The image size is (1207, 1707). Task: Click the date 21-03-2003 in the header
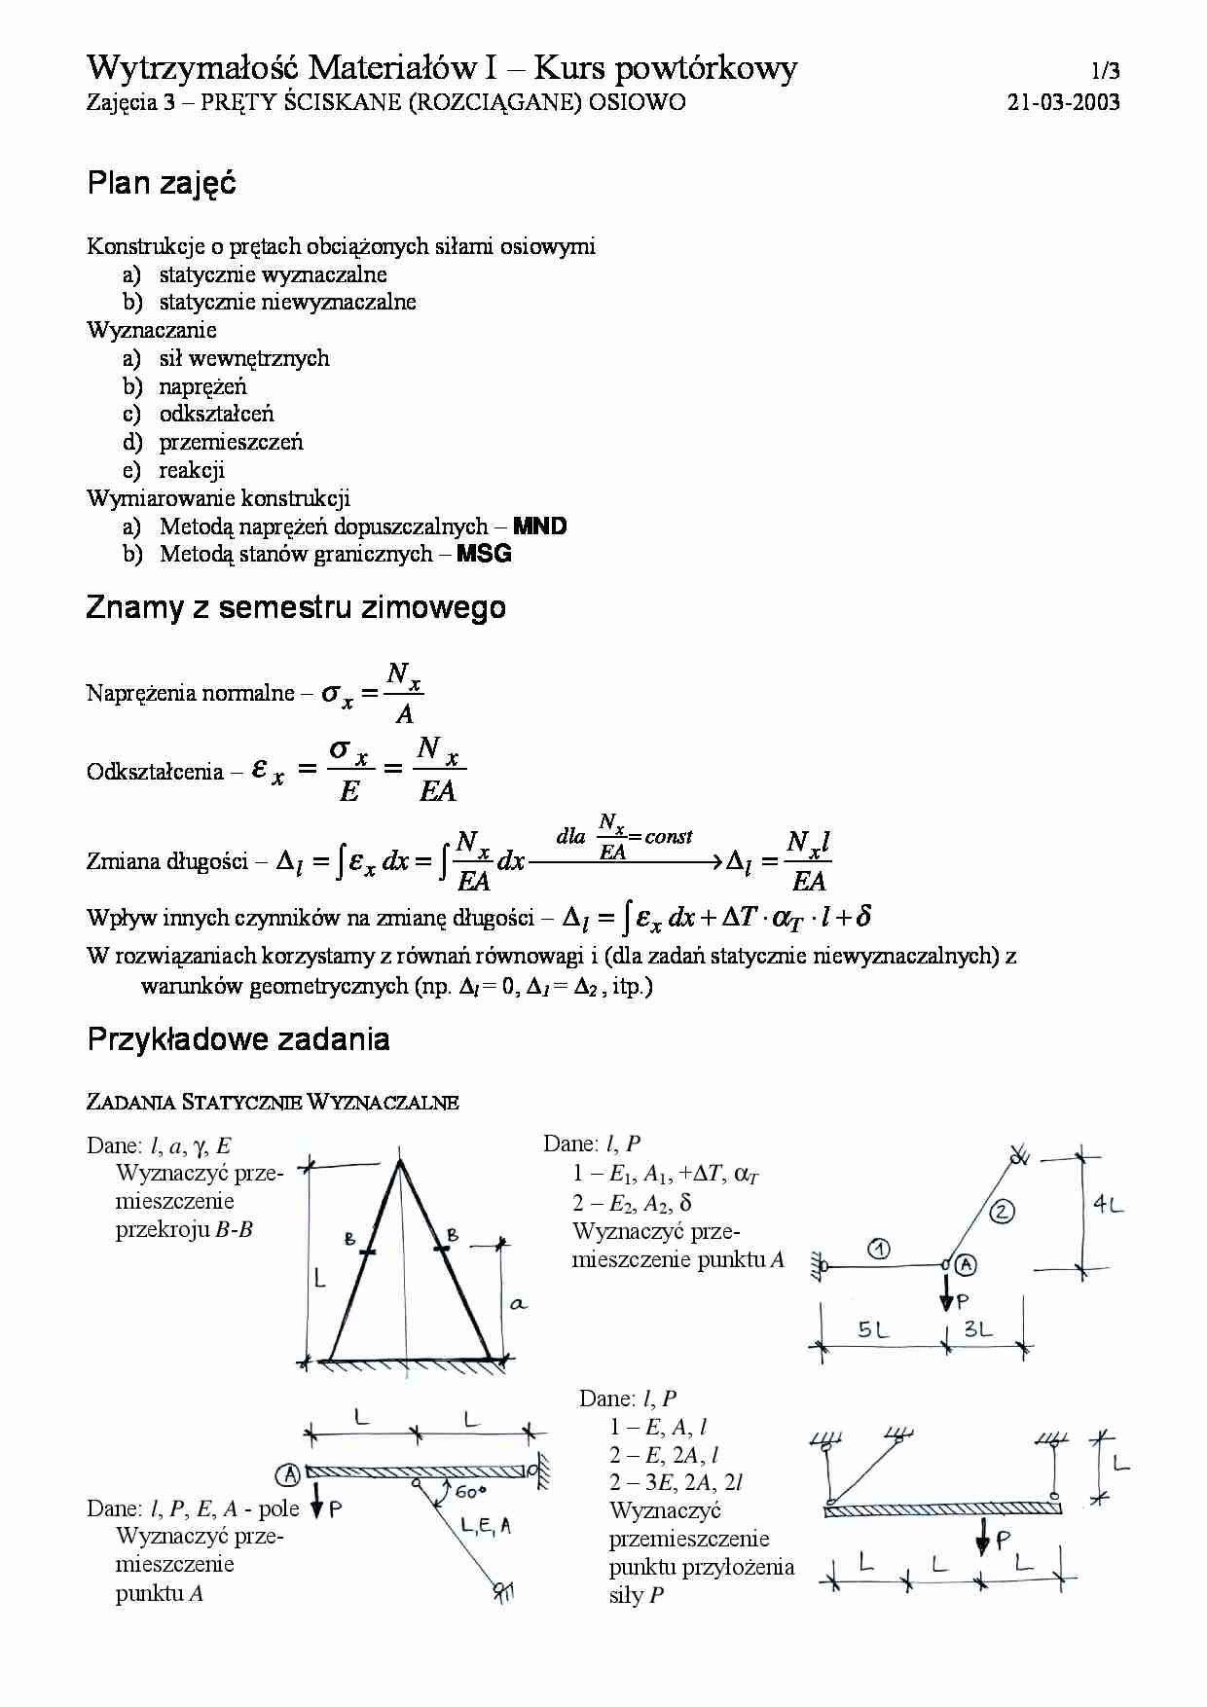1063,102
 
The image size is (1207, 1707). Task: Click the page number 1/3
1105,71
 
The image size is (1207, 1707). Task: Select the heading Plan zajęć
162,183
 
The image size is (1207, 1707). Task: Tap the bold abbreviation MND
539,527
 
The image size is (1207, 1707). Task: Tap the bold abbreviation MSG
484,554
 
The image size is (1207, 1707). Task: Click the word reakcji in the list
192,470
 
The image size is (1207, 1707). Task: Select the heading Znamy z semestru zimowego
296,607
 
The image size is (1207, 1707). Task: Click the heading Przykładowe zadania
238,1039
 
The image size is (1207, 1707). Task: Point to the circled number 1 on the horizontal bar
878,1249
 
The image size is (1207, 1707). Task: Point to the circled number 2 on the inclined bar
1002,1212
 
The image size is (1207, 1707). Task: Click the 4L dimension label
1108,1205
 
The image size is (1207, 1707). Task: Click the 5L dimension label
873,1329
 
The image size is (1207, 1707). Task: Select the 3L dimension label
978,1328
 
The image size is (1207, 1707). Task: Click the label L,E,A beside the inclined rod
487,1526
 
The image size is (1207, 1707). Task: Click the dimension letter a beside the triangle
518,1304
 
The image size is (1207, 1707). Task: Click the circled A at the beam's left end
289,1474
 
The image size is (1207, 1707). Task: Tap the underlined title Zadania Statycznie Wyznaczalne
273,1103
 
